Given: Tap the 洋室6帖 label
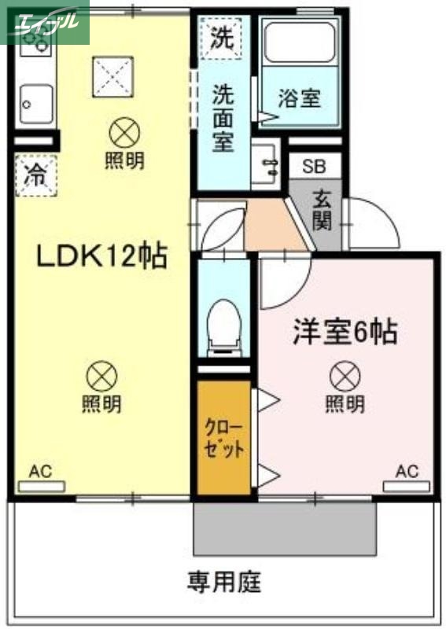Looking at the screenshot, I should click(344, 333).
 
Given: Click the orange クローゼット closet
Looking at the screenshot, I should click(223, 439).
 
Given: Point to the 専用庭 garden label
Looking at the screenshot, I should click(223, 583).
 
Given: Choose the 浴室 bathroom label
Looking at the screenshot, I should click(300, 99).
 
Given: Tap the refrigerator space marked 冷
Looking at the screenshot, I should click(34, 175).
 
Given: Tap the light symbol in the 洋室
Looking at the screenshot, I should click(345, 376).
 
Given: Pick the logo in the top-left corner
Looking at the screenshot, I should click(45, 22).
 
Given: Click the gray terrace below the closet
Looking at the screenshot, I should click(285, 528).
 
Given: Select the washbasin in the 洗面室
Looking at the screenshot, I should click(268, 164).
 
